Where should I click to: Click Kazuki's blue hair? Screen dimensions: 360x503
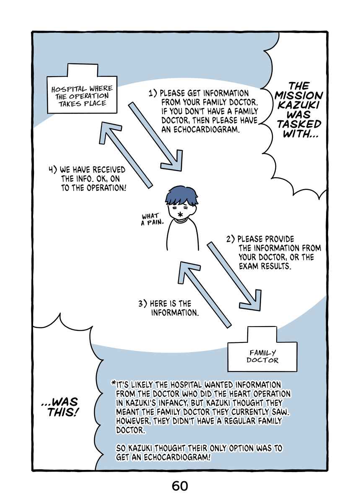click(x=181, y=196)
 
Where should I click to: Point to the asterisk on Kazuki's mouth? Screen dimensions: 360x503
click(x=180, y=215)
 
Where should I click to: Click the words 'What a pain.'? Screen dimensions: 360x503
click(x=152, y=219)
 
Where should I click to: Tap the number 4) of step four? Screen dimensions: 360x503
click(x=53, y=169)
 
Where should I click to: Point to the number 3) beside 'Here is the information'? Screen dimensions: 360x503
click(x=142, y=303)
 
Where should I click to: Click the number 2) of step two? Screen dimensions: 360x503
click(x=231, y=239)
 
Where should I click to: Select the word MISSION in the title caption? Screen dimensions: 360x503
click(x=298, y=96)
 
